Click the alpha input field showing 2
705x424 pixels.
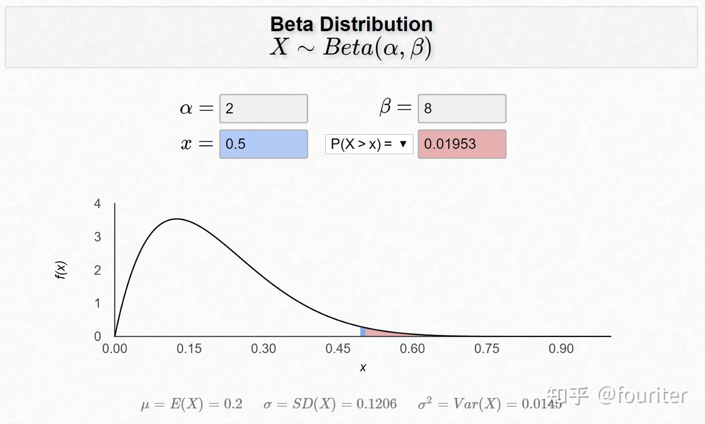(x=263, y=108)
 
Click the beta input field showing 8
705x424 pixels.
(x=461, y=108)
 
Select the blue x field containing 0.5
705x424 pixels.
(x=263, y=144)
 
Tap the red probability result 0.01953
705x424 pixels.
(x=461, y=144)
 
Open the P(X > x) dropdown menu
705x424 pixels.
(x=369, y=144)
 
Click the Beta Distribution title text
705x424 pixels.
(x=351, y=24)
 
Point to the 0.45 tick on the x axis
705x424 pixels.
(x=338, y=349)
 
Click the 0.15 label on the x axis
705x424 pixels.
(x=189, y=349)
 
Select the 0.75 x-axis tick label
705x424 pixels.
(x=486, y=349)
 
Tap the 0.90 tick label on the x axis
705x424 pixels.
(x=561, y=349)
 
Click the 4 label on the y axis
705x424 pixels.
(x=98, y=204)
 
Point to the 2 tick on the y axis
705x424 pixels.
(x=98, y=270)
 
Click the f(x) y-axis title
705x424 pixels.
(x=61, y=270)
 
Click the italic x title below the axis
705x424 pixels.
(x=363, y=368)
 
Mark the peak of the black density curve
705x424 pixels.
(x=176, y=219)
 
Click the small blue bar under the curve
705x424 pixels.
(x=363, y=331)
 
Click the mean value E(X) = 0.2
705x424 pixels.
(x=191, y=404)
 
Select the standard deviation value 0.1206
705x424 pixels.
(x=330, y=404)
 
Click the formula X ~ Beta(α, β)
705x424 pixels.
(x=351, y=48)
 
